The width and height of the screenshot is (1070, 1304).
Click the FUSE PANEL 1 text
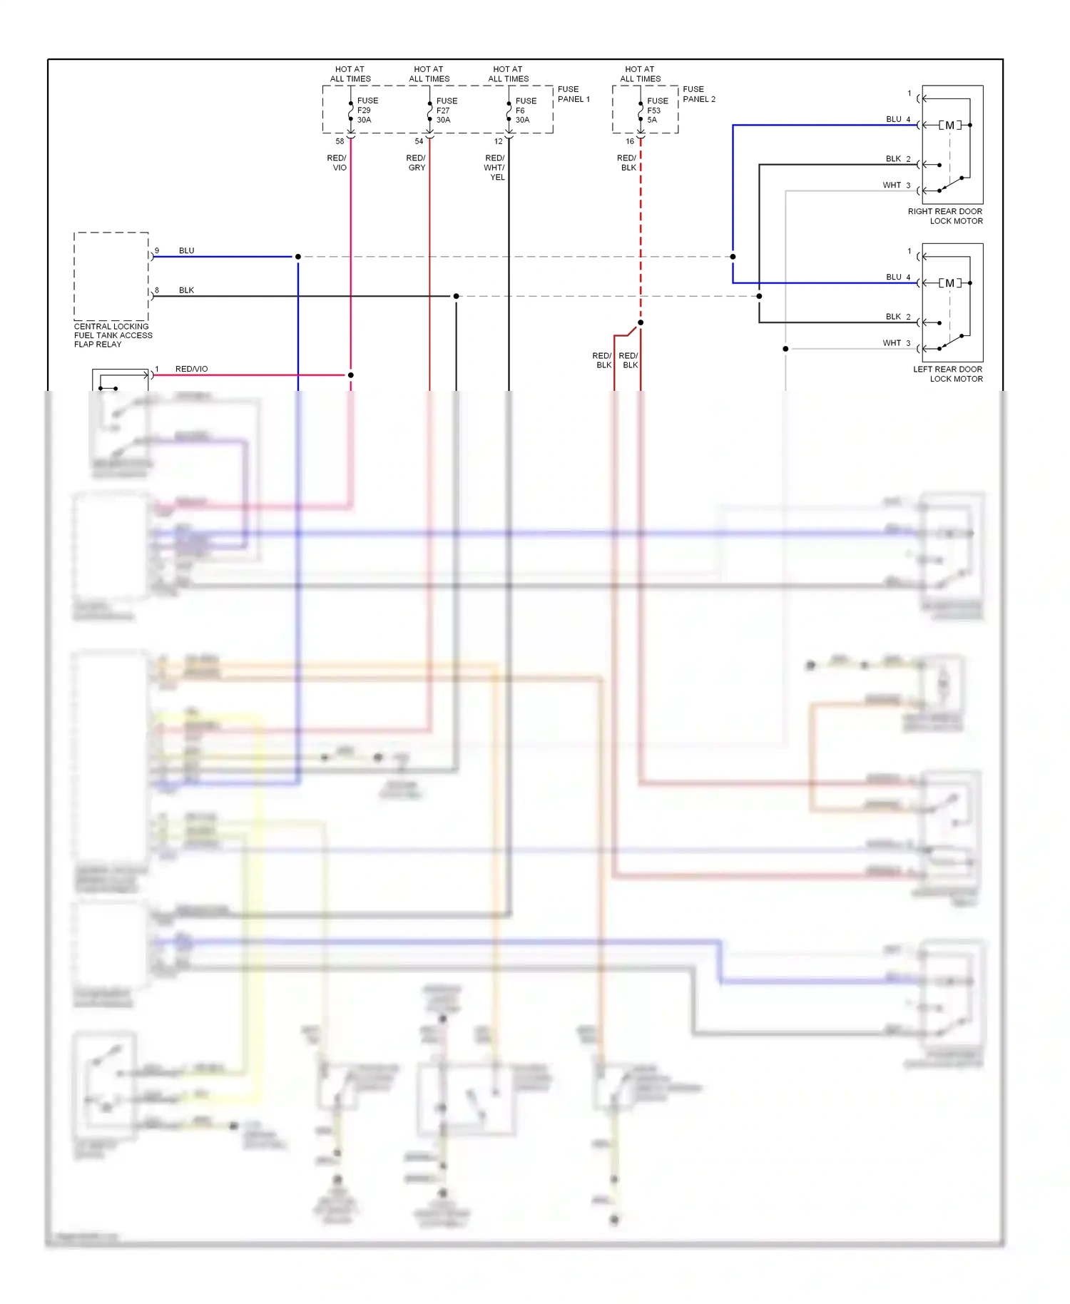tap(574, 94)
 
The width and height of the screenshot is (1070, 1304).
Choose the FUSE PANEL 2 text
tap(698, 94)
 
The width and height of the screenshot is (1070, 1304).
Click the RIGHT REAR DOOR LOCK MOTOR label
tap(945, 216)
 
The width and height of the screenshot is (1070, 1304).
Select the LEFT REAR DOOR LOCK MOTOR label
tap(947, 374)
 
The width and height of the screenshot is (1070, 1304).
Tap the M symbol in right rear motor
tap(949, 126)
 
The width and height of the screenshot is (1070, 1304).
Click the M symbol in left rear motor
tap(949, 283)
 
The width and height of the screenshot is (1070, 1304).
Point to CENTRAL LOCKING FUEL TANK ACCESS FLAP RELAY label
tap(113, 335)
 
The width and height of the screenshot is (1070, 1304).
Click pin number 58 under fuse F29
tap(340, 141)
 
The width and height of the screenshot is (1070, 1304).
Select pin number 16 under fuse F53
tap(630, 141)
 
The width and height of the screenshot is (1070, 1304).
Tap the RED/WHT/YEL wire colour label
tap(495, 168)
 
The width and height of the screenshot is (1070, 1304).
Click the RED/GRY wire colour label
tap(416, 163)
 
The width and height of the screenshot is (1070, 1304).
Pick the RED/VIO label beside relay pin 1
tap(191, 369)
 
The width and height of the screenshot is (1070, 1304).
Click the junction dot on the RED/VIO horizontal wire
tap(350, 375)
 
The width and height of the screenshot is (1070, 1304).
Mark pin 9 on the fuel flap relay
tap(157, 250)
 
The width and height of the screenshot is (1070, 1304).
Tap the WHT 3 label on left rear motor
tap(896, 343)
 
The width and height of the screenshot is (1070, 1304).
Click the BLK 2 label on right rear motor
tap(897, 159)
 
